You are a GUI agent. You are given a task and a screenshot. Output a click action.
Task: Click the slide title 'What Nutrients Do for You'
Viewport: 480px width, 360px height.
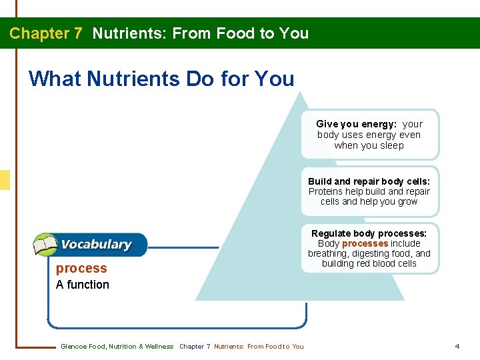click(161, 79)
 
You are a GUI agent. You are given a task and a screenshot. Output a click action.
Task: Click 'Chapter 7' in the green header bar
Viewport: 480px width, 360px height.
click(45, 33)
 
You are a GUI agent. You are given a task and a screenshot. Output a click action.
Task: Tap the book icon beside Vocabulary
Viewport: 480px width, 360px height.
click(45, 245)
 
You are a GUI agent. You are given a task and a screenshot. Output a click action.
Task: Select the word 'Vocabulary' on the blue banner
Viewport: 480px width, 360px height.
click(96, 245)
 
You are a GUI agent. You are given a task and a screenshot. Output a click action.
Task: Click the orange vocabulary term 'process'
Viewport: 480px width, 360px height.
click(81, 268)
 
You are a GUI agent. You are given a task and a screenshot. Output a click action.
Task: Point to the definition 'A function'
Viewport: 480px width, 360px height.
click(83, 285)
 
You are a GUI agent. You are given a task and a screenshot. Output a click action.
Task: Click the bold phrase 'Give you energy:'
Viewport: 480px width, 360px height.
click(356, 124)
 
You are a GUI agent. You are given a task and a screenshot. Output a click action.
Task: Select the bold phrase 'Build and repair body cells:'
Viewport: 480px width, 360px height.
click(369, 181)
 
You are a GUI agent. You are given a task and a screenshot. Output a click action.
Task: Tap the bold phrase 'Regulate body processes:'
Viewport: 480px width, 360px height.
click(369, 233)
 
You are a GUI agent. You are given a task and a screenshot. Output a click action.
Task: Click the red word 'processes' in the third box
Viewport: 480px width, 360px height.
click(365, 243)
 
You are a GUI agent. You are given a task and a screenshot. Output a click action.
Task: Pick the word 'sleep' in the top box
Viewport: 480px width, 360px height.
click(391, 145)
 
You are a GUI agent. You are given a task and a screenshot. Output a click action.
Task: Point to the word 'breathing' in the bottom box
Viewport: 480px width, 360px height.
click(329, 253)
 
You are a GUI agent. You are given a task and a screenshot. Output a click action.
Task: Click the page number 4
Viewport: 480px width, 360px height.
click(457, 346)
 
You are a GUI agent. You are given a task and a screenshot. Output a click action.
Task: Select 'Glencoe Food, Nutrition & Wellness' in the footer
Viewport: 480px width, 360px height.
click(117, 346)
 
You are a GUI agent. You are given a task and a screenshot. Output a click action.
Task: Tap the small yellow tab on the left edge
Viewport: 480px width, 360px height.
click(5, 180)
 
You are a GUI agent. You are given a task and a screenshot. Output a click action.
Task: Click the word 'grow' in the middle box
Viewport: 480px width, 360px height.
click(407, 201)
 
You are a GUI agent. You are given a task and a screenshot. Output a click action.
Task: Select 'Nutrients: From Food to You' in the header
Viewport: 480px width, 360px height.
click(201, 33)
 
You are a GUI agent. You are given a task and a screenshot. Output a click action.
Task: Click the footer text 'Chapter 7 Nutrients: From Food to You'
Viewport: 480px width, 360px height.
click(241, 346)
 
